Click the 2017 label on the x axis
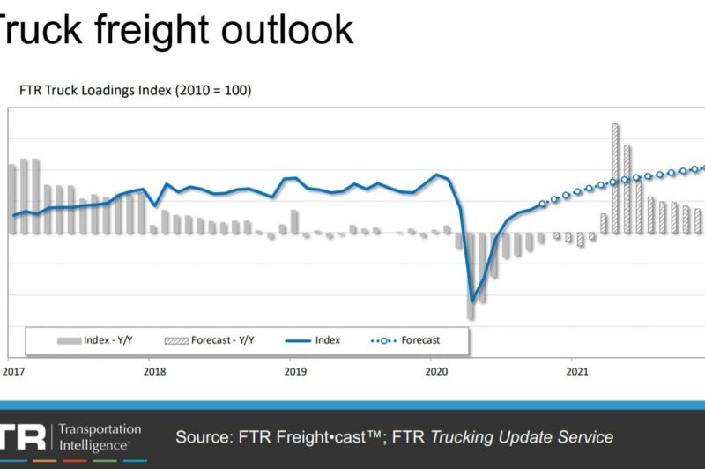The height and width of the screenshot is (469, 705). pyautogui.click(x=13, y=371)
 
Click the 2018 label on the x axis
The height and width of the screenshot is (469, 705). pyautogui.click(x=154, y=371)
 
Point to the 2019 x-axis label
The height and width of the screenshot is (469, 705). pyautogui.click(x=295, y=371)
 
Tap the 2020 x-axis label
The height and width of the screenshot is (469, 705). pyautogui.click(x=437, y=371)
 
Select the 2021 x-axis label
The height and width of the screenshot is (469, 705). pyautogui.click(x=578, y=371)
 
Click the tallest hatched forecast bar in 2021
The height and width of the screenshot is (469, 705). pyautogui.click(x=615, y=176)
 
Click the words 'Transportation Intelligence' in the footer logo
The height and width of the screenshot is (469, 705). pyautogui.click(x=99, y=437)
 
